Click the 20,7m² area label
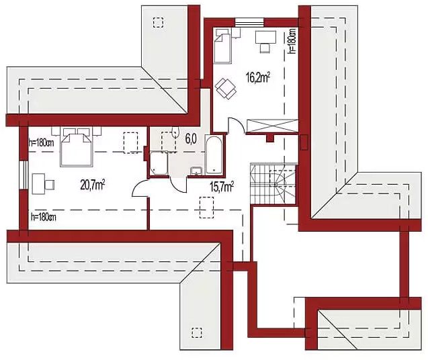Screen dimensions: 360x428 (92, 184)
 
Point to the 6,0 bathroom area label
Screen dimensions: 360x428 (190, 140)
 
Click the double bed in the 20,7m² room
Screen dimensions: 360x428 (76, 148)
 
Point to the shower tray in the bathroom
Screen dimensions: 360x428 (159, 164)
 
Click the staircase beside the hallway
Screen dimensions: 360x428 (272, 183)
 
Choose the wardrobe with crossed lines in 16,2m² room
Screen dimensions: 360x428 (271, 125)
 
